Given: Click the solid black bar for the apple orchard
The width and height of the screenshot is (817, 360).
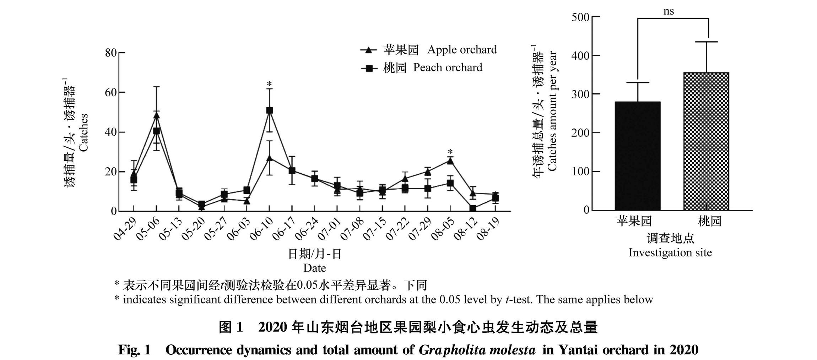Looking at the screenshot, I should coord(638,156).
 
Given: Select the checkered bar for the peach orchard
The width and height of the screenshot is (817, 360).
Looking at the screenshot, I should coord(706,142).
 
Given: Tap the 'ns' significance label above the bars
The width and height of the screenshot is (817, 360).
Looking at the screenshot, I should coord(669,11).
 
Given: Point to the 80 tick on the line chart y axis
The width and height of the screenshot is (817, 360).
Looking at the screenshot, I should coord(111,53).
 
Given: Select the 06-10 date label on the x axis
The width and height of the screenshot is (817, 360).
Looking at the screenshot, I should coord(261,229).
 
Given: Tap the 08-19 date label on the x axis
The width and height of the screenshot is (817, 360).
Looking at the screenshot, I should coord(488,229).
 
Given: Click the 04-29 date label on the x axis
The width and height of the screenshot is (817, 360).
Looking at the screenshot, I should coord(125,229).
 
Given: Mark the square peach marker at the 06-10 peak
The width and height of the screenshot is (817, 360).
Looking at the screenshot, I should coord(270,110).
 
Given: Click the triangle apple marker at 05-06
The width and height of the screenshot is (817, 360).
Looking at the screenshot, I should coord(156,115).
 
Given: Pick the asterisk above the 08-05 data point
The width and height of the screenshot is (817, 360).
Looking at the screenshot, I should coord(450,151).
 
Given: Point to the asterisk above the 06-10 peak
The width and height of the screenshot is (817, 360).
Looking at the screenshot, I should coord(269,84).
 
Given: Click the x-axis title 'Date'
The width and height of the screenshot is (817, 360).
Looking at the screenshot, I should coord(314,268).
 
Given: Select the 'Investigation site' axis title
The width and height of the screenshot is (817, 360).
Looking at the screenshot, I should coord(670,253).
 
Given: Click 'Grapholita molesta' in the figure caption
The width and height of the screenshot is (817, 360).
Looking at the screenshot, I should coord(477,350).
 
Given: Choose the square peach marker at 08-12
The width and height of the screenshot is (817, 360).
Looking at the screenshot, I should coord(473,208).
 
